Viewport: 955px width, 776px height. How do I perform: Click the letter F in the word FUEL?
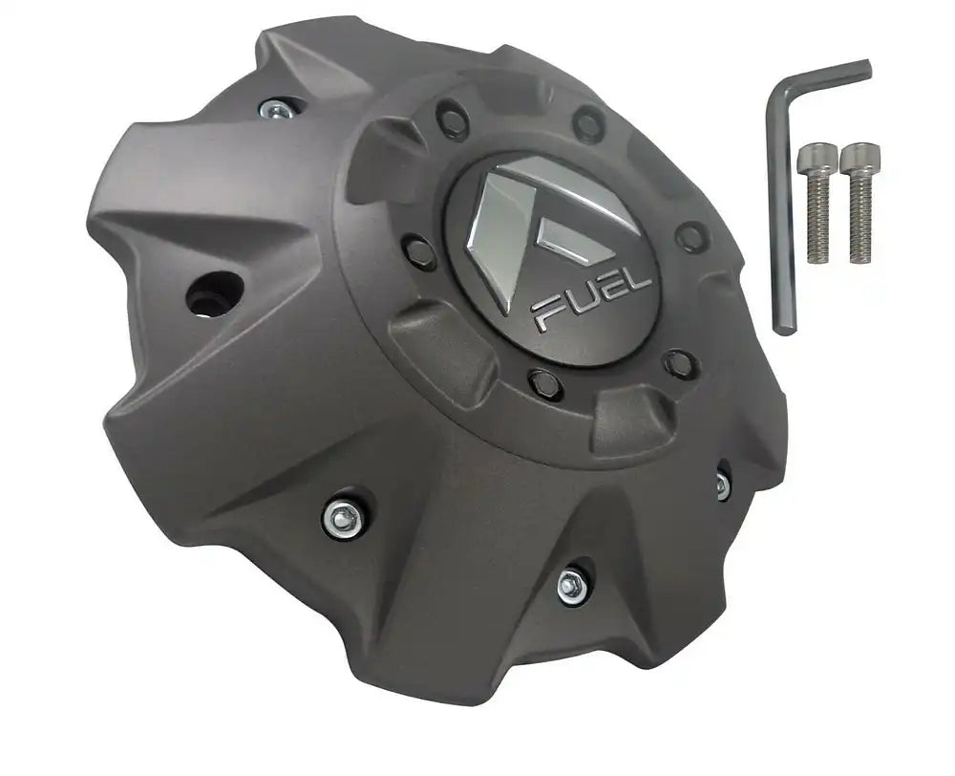[x=547, y=312]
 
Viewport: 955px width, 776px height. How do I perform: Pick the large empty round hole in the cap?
[x=215, y=292]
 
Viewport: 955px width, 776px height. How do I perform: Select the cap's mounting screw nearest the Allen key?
[x=723, y=485]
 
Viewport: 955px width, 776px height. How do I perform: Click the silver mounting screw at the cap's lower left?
[x=345, y=517]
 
